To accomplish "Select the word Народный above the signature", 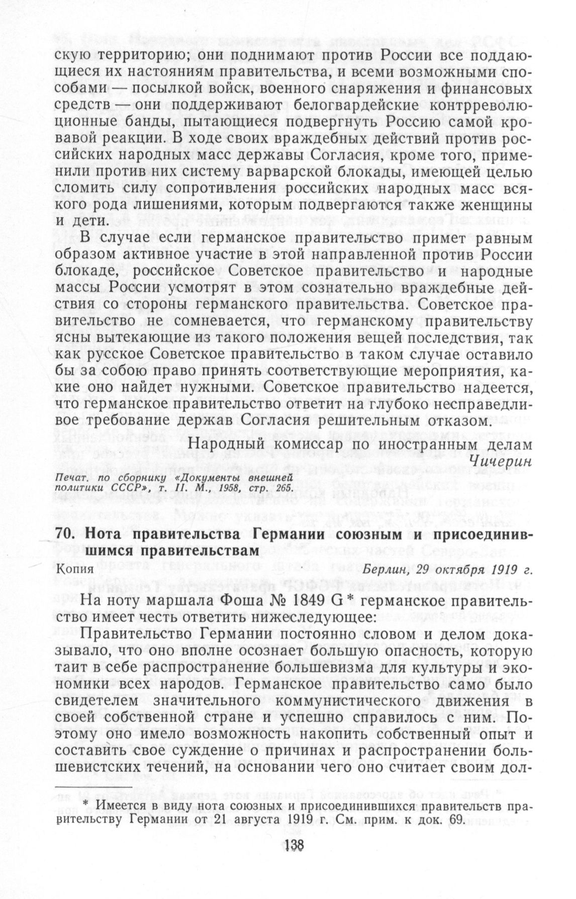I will (x=223, y=444).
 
